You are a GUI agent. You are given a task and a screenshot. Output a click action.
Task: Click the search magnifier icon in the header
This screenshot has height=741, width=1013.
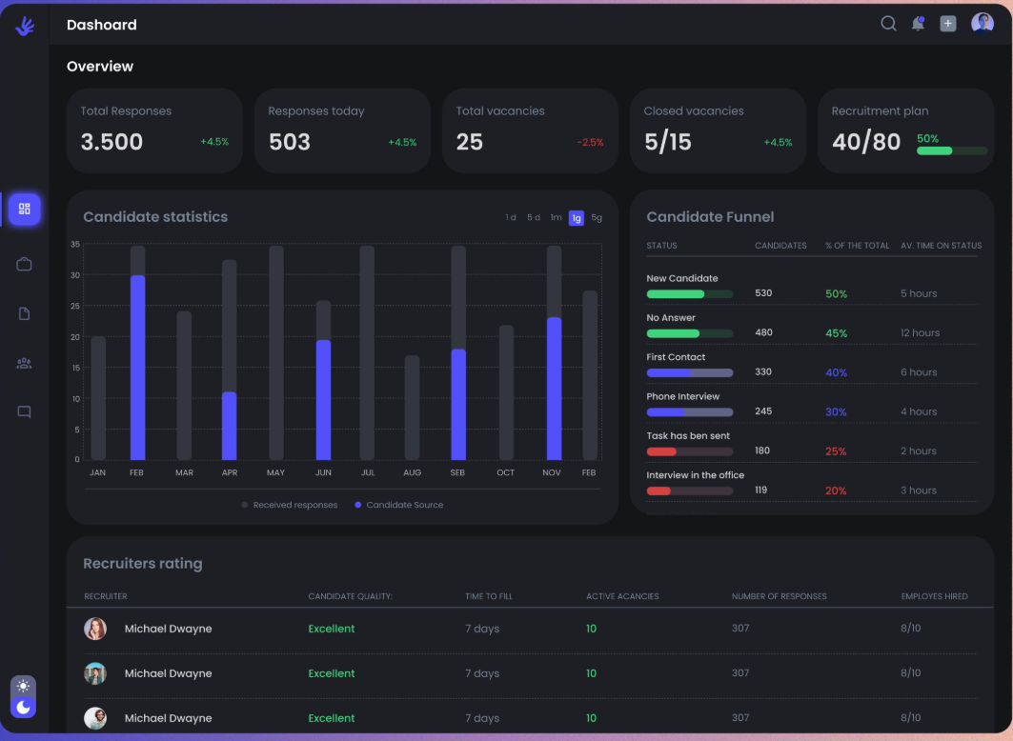click(x=888, y=24)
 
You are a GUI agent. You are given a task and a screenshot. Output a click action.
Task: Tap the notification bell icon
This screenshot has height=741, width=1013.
click(x=918, y=24)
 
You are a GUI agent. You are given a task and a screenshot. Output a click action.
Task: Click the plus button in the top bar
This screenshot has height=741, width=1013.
click(x=948, y=24)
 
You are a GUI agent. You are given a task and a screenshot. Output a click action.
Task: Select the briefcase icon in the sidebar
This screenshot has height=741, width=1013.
click(x=24, y=264)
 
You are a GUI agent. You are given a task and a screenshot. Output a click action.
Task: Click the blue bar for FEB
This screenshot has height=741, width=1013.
click(x=137, y=368)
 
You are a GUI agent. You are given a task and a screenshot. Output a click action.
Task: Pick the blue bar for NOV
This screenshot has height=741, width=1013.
click(x=554, y=389)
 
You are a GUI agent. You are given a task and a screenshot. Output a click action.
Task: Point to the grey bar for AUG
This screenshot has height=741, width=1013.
click(x=413, y=408)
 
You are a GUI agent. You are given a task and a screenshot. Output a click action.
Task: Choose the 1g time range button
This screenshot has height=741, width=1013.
click(x=577, y=218)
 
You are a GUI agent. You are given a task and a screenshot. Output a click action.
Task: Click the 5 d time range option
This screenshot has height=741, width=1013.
click(x=533, y=217)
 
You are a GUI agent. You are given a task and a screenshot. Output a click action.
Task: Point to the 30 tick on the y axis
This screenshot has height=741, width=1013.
click(x=75, y=275)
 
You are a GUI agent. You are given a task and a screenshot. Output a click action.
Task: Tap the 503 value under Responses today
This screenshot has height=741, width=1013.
click(x=290, y=142)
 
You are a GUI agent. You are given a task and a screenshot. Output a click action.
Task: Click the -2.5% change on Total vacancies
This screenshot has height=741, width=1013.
click(x=590, y=142)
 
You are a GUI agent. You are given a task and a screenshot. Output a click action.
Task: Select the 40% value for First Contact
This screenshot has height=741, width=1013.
click(x=836, y=372)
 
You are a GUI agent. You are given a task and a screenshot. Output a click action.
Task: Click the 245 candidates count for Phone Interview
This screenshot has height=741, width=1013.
click(x=763, y=411)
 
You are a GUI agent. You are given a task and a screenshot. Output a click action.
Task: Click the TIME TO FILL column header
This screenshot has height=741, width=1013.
click(x=489, y=596)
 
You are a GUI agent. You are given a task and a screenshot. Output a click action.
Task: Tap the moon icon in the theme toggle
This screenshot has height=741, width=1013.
click(x=23, y=708)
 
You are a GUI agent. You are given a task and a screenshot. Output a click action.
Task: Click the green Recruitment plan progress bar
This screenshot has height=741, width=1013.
click(x=934, y=151)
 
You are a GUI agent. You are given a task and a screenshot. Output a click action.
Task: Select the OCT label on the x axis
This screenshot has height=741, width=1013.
click(x=506, y=472)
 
